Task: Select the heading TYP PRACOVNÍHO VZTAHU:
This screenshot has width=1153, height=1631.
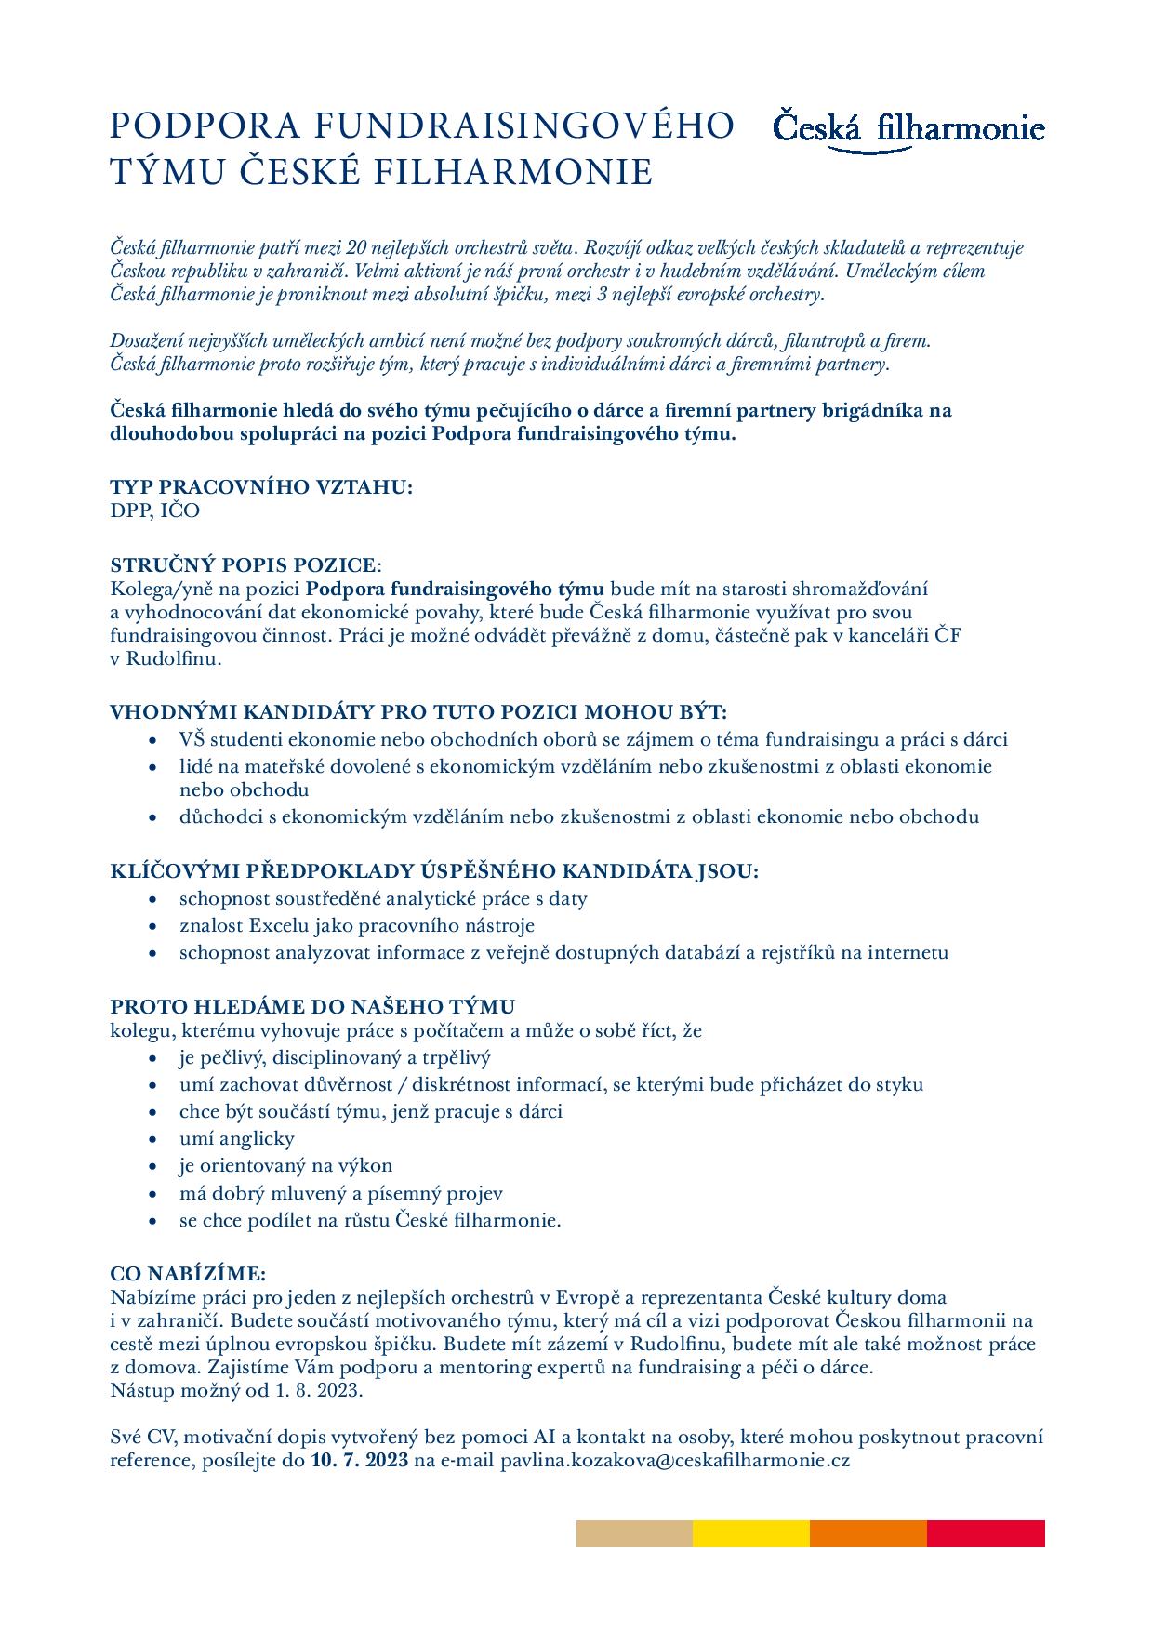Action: click(261, 487)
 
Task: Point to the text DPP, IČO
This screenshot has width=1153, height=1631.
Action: click(154, 511)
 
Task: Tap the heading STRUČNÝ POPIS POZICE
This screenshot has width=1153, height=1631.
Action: click(245, 565)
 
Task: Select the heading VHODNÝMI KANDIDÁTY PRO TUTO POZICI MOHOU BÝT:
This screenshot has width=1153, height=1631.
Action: click(418, 712)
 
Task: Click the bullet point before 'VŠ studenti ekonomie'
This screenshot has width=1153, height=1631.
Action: click(153, 741)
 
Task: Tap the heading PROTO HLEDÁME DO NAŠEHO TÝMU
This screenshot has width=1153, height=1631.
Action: click(312, 1007)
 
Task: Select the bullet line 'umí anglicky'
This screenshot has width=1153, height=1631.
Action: click(236, 1138)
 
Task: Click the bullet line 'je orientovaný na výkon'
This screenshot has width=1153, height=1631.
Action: click(285, 1165)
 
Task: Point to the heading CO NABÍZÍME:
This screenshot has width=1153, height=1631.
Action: click(188, 1273)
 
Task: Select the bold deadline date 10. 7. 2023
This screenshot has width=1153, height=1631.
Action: click(359, 1461)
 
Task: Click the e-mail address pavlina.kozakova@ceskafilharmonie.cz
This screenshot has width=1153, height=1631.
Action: click(675, 1461)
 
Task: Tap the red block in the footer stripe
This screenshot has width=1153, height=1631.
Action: click(986, 1533)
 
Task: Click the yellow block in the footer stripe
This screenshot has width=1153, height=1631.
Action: click(751, 1533)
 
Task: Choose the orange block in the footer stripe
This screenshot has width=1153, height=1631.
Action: click(868, 1533)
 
